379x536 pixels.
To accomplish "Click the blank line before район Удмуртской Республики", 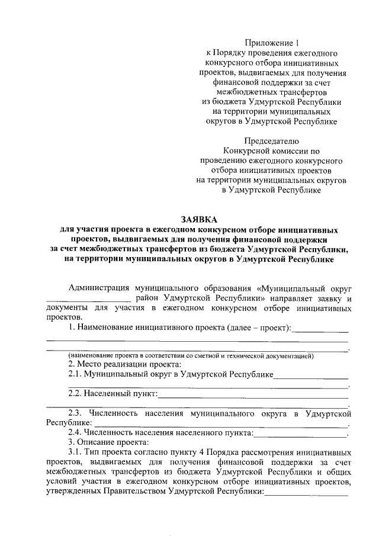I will coord(88,300).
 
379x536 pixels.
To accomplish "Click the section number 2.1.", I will coord(75,375).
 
